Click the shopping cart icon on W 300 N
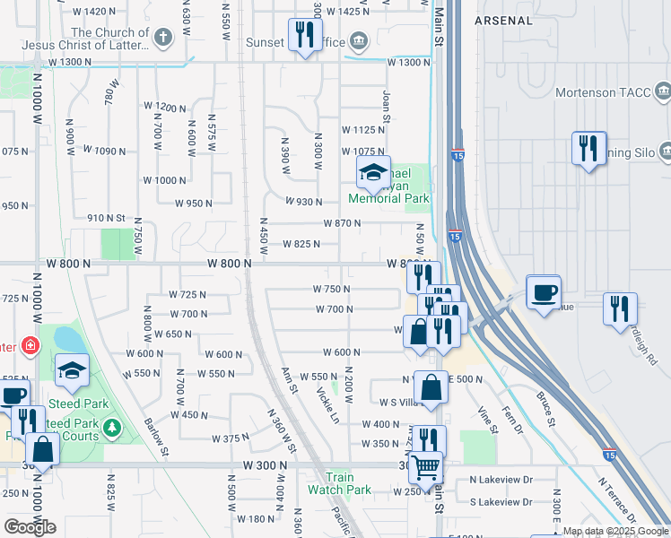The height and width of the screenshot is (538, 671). tap(424, 466)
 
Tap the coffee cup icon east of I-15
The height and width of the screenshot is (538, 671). tap(543, 291)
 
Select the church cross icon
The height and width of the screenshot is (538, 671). tap(162, 37)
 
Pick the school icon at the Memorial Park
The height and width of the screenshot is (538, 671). tap(373, 171)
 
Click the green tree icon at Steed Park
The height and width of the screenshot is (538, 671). tap(111, 427)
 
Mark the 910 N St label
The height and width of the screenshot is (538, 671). tap(106, 217)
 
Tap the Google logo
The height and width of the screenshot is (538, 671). tap(30, 526)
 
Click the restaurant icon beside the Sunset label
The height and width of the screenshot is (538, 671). tap(305, 35)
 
